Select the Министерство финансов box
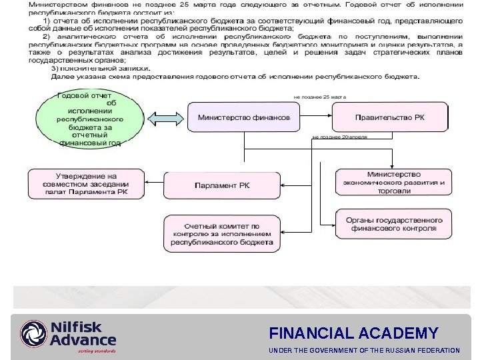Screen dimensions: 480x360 (243, 117)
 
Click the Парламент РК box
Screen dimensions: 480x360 (221, 185)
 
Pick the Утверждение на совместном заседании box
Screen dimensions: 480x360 (85, 184)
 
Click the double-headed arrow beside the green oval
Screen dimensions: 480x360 (163, 119)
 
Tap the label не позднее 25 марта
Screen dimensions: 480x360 (320, 97)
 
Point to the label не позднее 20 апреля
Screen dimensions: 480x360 (339, 137)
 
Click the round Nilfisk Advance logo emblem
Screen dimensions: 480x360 (34, 334)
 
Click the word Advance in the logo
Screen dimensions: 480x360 (83, 341)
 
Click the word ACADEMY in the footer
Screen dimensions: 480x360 (407, 333)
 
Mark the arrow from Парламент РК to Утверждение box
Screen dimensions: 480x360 (154, 179)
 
